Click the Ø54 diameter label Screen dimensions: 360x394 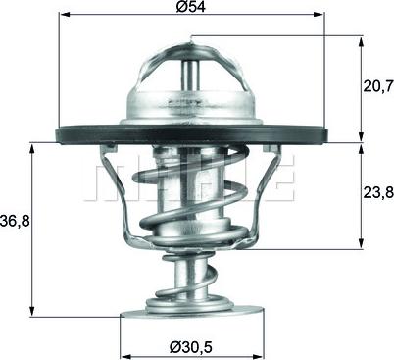pyautogui.click(x=192, y=8)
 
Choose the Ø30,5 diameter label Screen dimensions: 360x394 pyautogui.click(x=191, y=345)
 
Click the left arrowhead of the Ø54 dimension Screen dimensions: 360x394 pyautogui.click(x=63, y=15)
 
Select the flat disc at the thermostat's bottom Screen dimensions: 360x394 pyautogui.click(x=191, y=316)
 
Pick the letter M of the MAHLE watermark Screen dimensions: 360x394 pyautogui.click(x=110, y=182)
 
